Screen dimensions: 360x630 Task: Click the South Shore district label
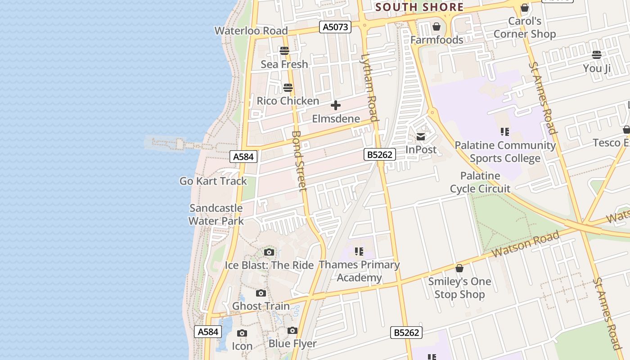419,7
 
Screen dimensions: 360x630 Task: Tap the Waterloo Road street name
251,31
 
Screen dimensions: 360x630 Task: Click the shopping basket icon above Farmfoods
436,27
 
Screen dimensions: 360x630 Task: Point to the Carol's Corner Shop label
525,27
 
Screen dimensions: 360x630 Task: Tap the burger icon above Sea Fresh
284,51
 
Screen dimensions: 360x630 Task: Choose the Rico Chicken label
288,101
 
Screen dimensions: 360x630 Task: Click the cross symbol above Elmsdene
336,106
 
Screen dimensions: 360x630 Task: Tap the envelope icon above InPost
421,137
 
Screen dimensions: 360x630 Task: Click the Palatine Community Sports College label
505,152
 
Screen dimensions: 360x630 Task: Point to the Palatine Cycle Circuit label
480,182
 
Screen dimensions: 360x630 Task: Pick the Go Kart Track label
213,181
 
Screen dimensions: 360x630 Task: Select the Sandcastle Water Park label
216,214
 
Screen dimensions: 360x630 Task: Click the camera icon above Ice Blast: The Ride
269,252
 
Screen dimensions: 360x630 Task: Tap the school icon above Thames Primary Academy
359,251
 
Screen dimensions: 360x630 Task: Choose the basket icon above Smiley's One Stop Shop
459,268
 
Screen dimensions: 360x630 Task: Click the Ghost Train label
261,306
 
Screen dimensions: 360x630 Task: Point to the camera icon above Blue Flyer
292,331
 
